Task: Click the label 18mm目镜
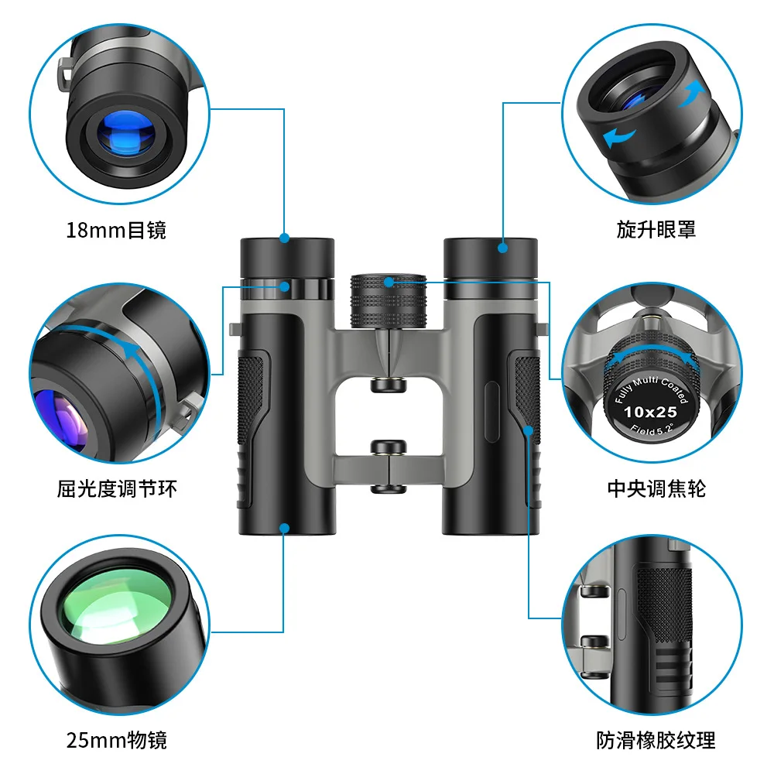coord(116,230)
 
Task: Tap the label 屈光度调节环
coord(111,488)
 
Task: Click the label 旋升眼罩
coord(656,229)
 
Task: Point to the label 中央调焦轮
coord(656,488)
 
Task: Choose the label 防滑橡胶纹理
coord(656,740)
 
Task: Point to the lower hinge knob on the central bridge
coord(388,447)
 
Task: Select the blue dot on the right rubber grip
coord(529,429)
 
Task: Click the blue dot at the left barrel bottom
coord(285,529)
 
